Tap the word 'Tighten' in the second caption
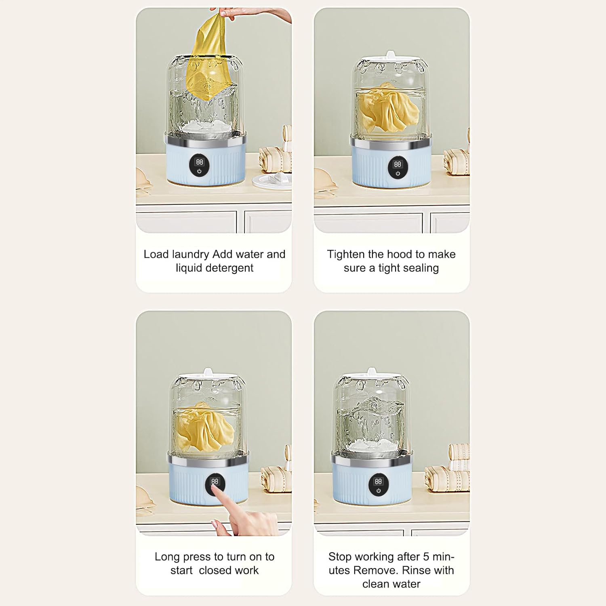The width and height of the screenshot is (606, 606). (346, 255)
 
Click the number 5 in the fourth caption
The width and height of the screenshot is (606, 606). (426, 557)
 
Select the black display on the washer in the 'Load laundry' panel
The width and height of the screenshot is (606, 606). (199, 166)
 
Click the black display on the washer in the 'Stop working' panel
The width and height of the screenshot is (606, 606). (379, 485)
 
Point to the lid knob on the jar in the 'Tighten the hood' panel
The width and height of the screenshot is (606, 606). (390, 55)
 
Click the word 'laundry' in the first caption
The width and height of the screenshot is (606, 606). (191, 255)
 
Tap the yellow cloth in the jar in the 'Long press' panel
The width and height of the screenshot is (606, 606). (205, 426)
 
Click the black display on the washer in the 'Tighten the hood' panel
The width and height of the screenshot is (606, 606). (398, 168)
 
